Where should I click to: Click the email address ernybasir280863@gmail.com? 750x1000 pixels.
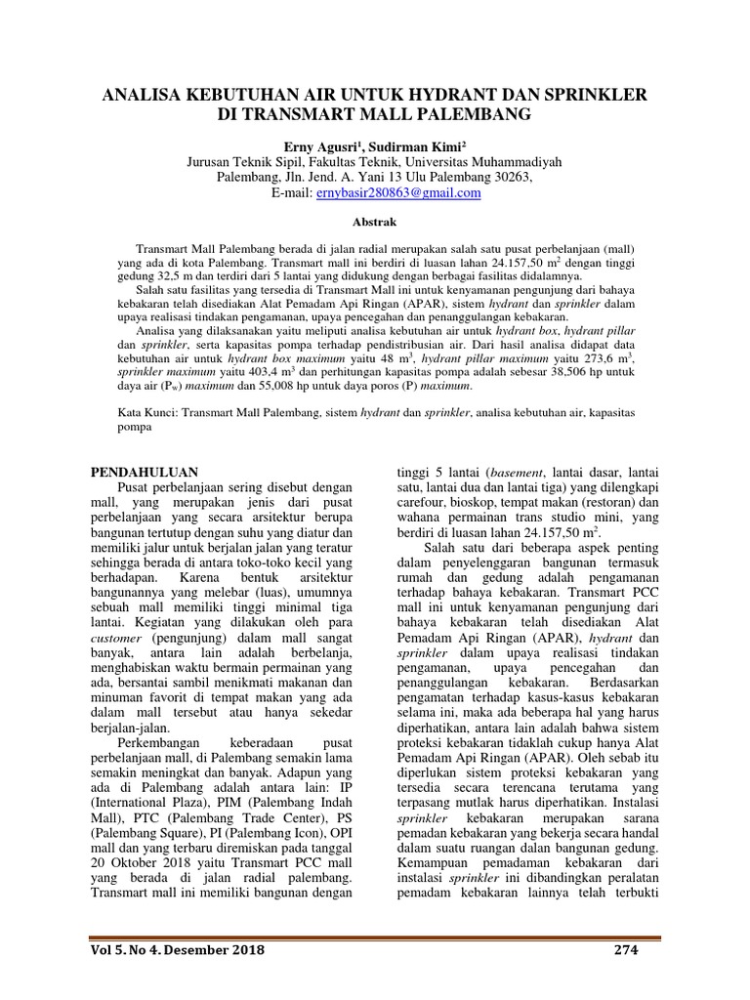pos(398,193)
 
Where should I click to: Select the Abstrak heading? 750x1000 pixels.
pos(375,223)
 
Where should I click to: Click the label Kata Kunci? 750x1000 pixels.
pos(142,414)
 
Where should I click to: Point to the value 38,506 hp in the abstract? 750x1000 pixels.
pos(561,372)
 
